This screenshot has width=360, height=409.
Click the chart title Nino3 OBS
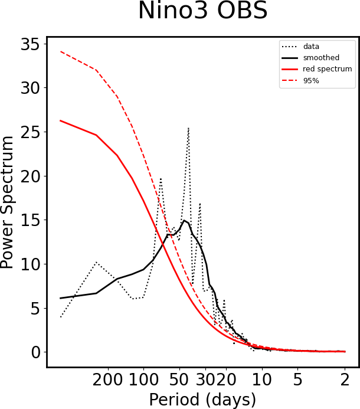202,12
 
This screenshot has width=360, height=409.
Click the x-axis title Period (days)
202,400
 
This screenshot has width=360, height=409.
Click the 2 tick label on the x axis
345,377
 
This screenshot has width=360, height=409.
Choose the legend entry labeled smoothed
319,57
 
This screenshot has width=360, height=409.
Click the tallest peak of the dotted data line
188,127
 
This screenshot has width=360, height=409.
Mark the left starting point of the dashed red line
61,51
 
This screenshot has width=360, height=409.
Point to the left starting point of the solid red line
61,120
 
